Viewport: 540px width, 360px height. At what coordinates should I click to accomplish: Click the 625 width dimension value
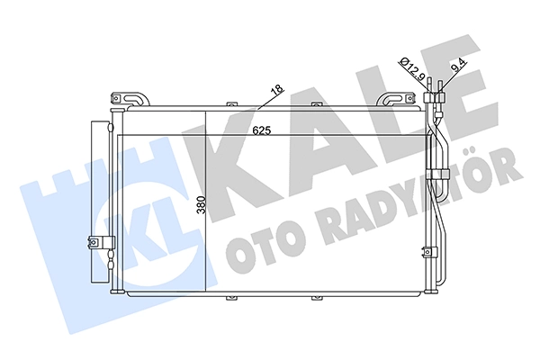click(x=262, y=130)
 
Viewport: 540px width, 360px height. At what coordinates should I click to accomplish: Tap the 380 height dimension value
click(x=201, y=205)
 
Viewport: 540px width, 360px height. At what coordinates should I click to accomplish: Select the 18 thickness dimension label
click(x=277, y=89)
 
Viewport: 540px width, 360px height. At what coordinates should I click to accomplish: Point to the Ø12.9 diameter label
click(x=411, y=68)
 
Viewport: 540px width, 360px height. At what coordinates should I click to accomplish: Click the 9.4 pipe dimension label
click(x=460, y=65)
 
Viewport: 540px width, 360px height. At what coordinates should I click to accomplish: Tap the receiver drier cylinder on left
click(x=100, y=202)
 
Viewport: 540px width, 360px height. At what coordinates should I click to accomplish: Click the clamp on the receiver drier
click(x=101, y=242)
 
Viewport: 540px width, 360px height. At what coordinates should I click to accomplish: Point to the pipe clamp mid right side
click(x=438, y=174)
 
